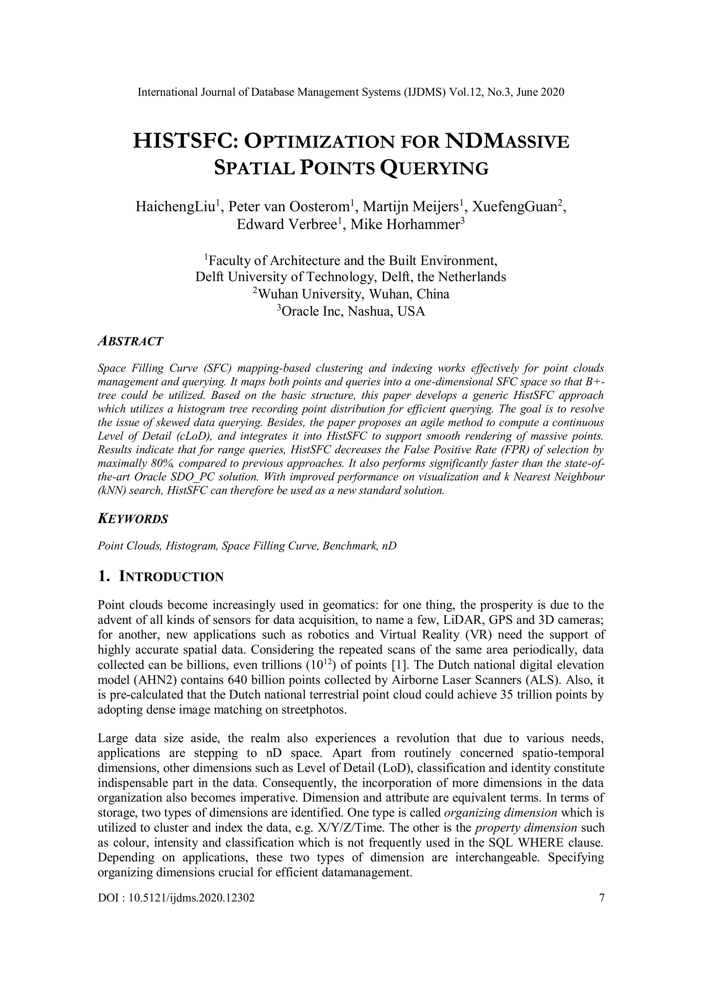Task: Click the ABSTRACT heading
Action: [x=131, y=341]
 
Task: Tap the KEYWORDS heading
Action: [x=133, y=519]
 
